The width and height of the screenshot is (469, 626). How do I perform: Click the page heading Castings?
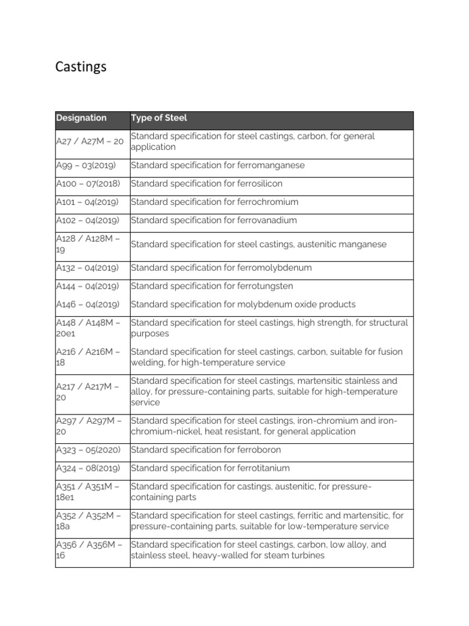(x=81, y=67)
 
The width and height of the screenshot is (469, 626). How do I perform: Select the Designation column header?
(x=81, y=118)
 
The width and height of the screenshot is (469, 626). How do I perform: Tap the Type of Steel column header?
(x=159, y=118)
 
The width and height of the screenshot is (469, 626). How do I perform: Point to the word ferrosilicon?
(x=260, y=184)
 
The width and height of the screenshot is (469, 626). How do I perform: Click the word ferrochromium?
(x=267, y=202)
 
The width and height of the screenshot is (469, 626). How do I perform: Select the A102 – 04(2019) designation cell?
(x=87, y=221)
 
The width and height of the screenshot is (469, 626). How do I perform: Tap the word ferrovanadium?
(x=267, y=221)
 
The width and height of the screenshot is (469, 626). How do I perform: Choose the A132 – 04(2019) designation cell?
(x=87, y=268)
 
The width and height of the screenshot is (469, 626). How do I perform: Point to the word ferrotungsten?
(x=267, y=286)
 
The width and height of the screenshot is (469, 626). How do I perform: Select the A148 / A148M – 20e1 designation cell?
(x=88, y=328)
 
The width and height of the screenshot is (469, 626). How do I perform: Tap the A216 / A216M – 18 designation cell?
(x=88, y=358)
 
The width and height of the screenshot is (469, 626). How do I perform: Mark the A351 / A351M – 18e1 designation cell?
(x=88, y=492)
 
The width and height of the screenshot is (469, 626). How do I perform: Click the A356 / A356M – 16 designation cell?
(x=88, y=550)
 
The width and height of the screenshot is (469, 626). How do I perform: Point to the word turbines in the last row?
(x=307, y=556)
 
